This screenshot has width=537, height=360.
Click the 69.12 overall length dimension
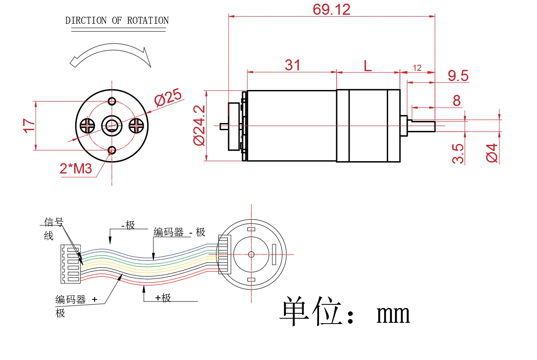[x=331, y=9]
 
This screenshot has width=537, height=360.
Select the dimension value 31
[x=292, y=65]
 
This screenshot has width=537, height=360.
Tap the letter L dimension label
[x=368, y=65]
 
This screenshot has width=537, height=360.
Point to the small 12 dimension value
[x=417, y=68]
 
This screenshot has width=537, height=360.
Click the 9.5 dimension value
[x=458, y=76]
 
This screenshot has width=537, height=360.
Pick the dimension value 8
[x=456, y=100]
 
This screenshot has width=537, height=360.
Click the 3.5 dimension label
[x=458, y=153]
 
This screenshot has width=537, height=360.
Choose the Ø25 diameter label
[x=167, y=98]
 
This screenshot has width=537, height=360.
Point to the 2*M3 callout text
[x=76, y=168]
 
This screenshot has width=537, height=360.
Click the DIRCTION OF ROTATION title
[x=117, y=20]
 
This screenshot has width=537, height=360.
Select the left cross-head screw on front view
[x=87, y=125]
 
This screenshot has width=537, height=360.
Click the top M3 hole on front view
[x=111, y=101]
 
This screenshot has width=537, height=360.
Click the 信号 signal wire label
[x=54, y=223]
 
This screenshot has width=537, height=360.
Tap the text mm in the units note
[x=393, y=314]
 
